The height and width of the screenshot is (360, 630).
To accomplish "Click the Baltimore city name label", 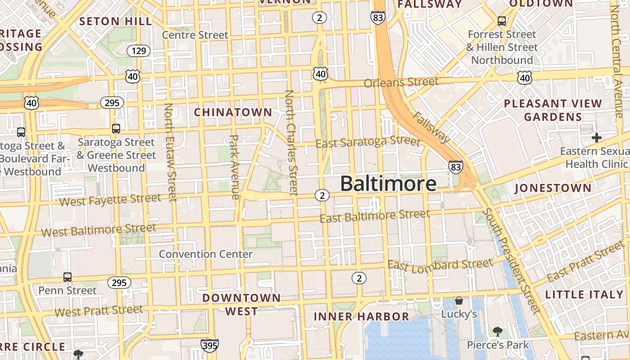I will (x=388, y=183).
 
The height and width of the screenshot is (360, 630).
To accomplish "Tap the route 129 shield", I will (x=139, y=51).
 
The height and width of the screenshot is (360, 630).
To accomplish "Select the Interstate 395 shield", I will (x=210, y=346).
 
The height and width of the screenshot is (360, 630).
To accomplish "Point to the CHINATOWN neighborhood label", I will (x=233, y=112).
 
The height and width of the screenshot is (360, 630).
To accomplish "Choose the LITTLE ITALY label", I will (x=584, y=295).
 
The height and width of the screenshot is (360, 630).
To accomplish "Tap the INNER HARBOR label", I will (x=361, y=316).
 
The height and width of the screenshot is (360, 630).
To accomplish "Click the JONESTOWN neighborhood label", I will (x=553, y=188).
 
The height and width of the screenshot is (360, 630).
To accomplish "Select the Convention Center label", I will (x=206, y=254).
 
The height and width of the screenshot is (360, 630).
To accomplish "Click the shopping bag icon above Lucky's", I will (x=459, y=300).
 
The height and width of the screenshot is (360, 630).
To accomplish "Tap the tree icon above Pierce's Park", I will (x=498, y=332).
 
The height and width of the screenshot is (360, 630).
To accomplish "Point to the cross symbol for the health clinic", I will (x=597, y=137).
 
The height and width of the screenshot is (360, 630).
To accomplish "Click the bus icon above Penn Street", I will (x=67, y=277).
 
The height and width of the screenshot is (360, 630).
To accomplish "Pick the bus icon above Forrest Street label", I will (x=502, y=21).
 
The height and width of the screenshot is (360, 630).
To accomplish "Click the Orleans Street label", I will (x=401, y=82).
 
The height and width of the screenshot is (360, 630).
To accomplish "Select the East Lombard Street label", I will (x=441, y=265).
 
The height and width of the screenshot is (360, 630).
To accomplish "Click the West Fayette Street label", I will (x=110, y=199).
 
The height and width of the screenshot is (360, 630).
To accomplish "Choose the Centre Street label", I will (x=195, y=35).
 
